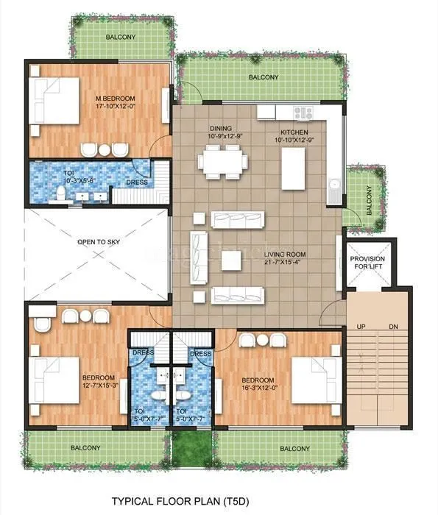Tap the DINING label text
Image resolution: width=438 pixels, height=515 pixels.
221,127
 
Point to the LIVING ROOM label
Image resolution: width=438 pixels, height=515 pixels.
303,255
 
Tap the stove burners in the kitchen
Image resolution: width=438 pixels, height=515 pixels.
303,113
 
